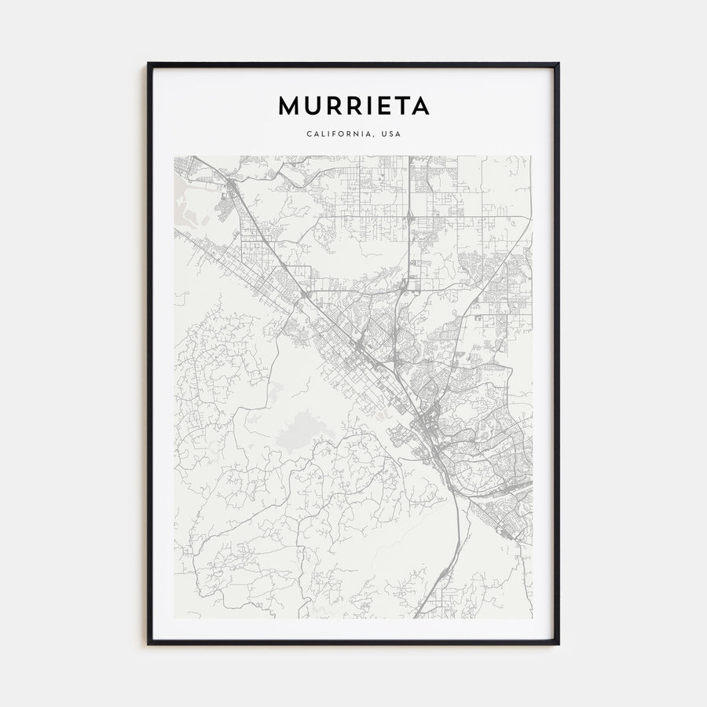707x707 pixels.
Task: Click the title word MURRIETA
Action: click(353, 106)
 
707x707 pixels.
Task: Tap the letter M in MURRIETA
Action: click(288, 106)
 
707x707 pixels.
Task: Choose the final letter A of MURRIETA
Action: click(419, 106)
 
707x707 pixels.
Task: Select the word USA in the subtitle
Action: click(390, 134)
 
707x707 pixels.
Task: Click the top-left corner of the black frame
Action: click(148, 64)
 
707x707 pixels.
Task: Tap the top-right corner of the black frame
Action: click(558, 64)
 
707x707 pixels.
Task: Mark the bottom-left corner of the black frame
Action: click(148, 643)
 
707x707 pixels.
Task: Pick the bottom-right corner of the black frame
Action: click(558, 643)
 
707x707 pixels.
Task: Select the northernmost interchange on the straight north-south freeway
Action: click(409, 214)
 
